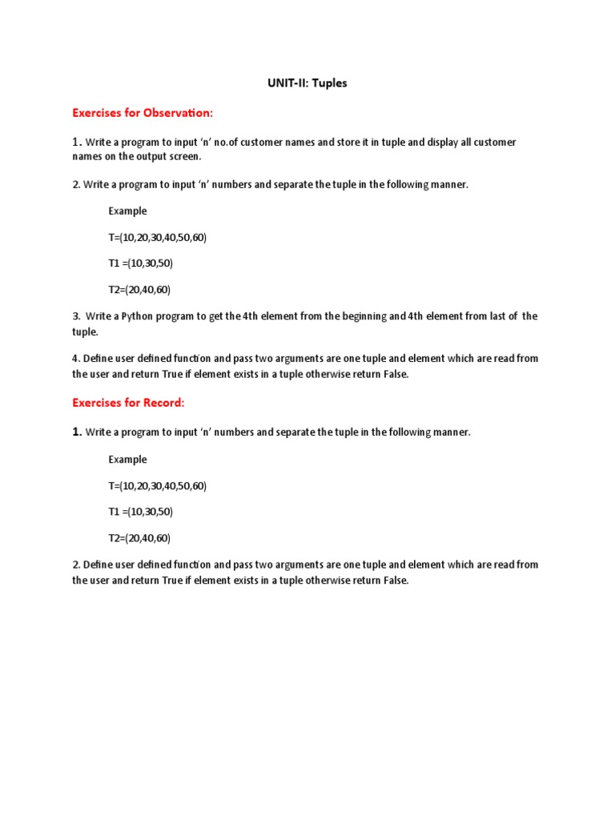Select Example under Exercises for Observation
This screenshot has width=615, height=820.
pyautogui.click(x=128, y=211)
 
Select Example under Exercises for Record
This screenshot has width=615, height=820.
pyautogui.click(x=128, y=460)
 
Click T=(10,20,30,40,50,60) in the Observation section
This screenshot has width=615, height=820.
pyautogui.click(x=158, y=238)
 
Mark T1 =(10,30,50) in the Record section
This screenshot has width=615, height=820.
pyautogui.click(x=141, y=512)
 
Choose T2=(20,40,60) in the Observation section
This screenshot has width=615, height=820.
pyautogui.click(x=140, y=290)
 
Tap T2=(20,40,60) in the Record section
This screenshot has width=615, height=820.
pyautogui.click(x=140, y=538)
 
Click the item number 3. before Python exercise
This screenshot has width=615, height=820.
pyautogui.click(x=77, y=316)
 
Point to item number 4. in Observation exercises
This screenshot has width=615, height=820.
pyautogui.click(x=76, y=359)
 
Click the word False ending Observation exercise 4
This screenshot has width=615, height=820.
pyautogui.click(x=394, y=374)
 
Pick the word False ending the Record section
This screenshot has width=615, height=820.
pyautogui.click(x=394, y=581)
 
